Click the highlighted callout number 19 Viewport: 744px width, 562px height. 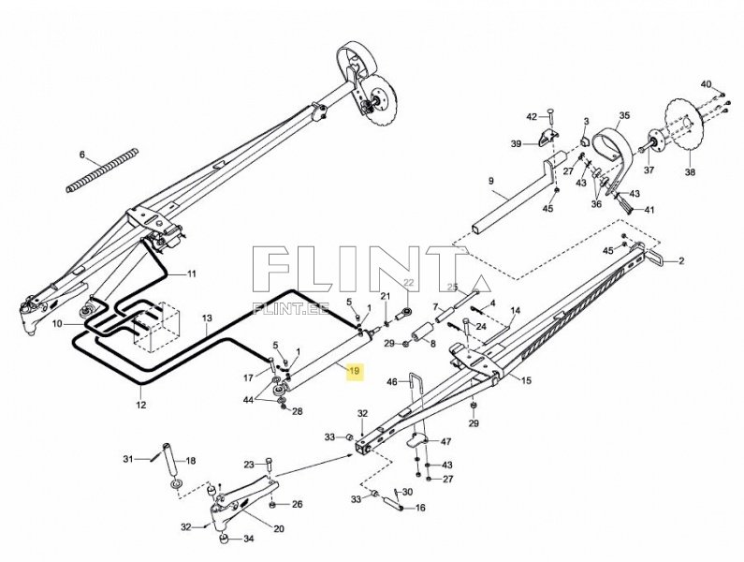tap(354, 372)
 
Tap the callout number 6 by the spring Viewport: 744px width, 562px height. tap(81, 155)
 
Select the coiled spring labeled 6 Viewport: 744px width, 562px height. tap(104, 170)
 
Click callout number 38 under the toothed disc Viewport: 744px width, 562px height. tap(691, 172)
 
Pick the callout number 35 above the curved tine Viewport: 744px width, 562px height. tap(624, 116)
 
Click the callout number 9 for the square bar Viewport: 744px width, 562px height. tap(489, 180)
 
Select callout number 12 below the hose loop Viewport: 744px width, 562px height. tap(140, 406)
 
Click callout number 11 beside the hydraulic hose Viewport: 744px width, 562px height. tap(191, 274)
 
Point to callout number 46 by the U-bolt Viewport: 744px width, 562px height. tap(392, 381)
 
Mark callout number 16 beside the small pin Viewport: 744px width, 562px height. tap(421, 508)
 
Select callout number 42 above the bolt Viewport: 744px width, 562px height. tap(531, 116)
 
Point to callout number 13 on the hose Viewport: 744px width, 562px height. tap(208, 318)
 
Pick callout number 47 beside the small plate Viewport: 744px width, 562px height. tap(446, 441)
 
